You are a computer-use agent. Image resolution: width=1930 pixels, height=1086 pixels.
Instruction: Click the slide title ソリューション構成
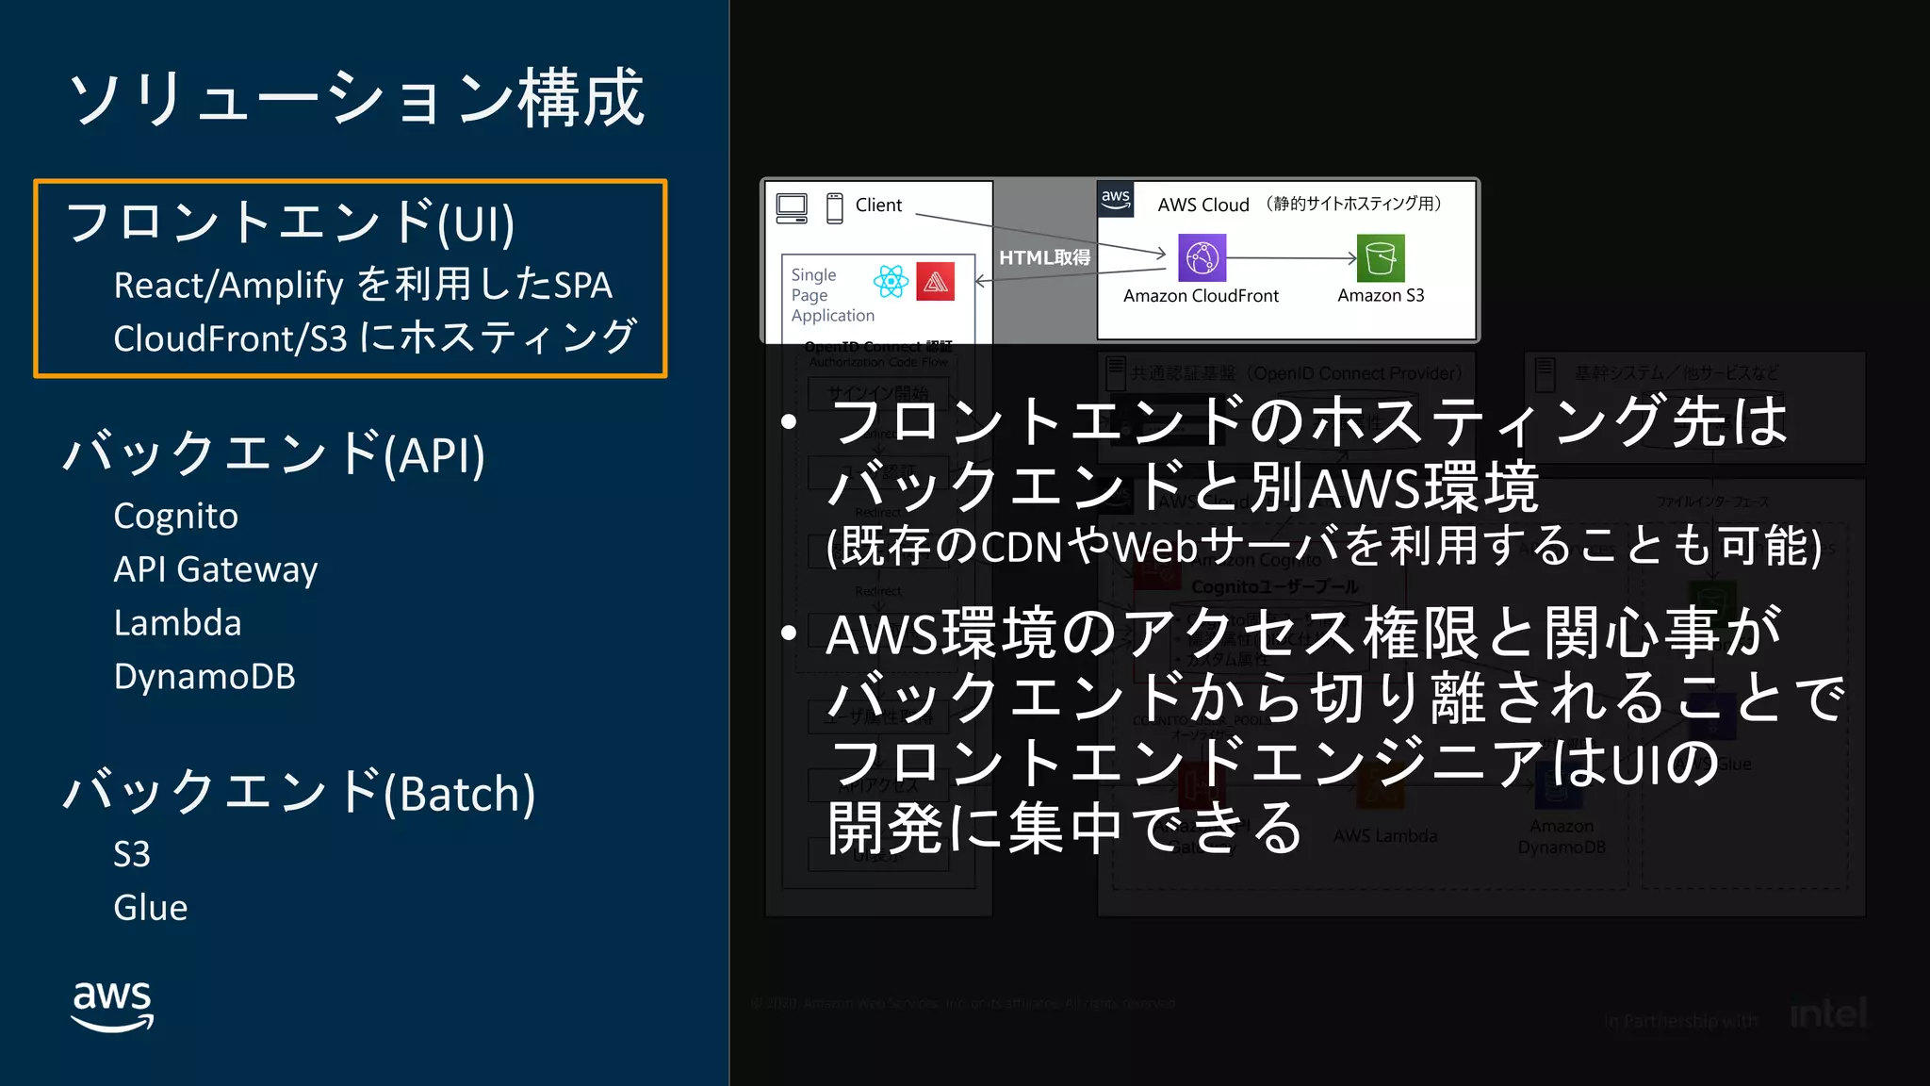[356, 98]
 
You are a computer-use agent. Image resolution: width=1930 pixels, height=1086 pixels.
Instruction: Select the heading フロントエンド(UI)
[290, 223]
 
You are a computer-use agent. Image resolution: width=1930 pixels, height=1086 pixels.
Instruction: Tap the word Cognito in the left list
[175, 516]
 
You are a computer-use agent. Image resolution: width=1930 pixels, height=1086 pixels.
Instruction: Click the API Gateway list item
[215, 569]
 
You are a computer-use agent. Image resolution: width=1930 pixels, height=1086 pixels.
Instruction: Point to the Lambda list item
[177, 623]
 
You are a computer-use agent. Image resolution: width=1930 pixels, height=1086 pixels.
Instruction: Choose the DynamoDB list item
[204, 677]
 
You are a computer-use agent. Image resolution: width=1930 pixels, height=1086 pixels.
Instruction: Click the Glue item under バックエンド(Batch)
[150, 908]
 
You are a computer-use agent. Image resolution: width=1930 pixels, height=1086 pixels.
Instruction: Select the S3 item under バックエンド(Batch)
[132, 854]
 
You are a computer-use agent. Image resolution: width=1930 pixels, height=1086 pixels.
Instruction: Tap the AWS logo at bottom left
[112, 1005]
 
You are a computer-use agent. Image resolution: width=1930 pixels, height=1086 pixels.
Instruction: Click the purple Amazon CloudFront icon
[1202, 257]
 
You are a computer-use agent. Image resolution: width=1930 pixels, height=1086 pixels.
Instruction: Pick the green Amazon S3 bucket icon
[1381, 257]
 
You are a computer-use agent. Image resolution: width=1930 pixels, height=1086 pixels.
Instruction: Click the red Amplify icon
[935, 281]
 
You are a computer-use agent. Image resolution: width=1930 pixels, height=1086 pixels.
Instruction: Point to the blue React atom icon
[891, 281]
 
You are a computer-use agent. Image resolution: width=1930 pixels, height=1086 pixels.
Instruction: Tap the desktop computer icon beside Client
[792, 207]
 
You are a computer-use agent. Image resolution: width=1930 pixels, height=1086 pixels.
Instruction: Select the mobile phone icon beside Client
[834, 207]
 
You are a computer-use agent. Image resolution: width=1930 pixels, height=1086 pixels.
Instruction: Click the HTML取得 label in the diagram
[1044, 257]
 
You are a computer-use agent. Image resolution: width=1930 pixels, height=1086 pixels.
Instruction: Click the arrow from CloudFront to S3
[1291, 257]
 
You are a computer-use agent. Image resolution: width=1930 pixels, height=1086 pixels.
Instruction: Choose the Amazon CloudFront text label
[1201, 296]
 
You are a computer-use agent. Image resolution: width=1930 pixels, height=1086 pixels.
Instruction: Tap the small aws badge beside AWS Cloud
[1116, 200]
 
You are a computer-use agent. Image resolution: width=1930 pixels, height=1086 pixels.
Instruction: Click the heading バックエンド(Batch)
[299, 793]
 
